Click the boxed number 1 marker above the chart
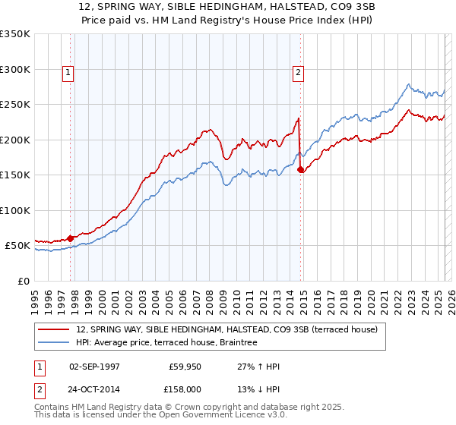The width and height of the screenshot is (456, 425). pos(68,73)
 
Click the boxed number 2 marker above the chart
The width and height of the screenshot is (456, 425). pos(297,73)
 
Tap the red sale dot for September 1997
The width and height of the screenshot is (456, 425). pos(71,238)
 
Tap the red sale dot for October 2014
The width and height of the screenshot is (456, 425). pos(301,170)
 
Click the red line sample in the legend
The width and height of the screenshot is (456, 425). pos(54,330)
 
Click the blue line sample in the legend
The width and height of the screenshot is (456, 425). pos(54,343)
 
